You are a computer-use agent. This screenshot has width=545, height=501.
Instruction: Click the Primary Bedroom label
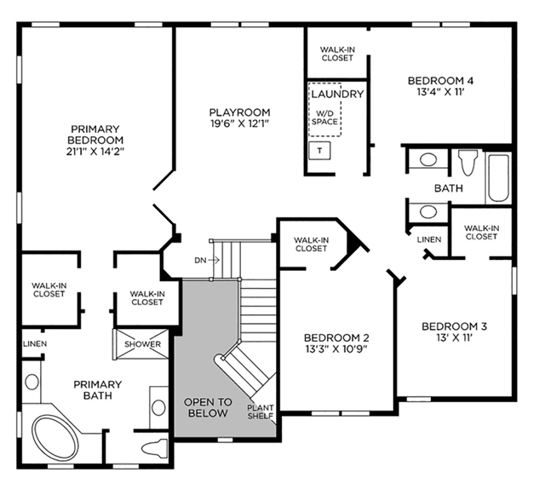click(95, 135)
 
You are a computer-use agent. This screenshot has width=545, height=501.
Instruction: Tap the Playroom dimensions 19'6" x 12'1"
click(240, 124)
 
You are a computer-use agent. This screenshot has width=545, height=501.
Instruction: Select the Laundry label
click(337, 94)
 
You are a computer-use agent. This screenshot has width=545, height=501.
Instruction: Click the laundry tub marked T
click(320, 151)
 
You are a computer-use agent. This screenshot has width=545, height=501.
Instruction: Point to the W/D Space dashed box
click(324, 109)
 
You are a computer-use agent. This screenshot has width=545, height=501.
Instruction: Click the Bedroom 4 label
click(440, 81)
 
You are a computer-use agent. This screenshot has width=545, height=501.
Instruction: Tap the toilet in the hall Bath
click(468, 162)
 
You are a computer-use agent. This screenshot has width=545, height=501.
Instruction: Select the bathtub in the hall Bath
click(498, 178)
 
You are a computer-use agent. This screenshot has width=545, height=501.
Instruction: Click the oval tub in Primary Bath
click(55, 438)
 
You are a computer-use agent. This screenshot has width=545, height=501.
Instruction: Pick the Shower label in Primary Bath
click(142, 344)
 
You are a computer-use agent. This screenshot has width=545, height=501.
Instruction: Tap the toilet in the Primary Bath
click(155, 448)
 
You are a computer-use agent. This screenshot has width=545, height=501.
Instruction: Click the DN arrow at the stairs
click(215, 260)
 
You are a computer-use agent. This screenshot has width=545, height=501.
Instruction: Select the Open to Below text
click(208, 407)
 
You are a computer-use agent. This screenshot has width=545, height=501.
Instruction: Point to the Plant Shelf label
click(261, 412)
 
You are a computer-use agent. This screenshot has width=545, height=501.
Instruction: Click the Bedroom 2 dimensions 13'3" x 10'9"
click(336, 349)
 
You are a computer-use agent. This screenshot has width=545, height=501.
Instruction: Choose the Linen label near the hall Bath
click(429, 239)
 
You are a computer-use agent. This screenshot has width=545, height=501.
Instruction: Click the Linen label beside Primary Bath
click(35, 344)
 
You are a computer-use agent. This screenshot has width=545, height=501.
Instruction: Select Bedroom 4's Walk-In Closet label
click(337, 54)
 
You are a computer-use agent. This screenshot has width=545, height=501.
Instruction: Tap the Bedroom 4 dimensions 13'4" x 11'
click(440, 93)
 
